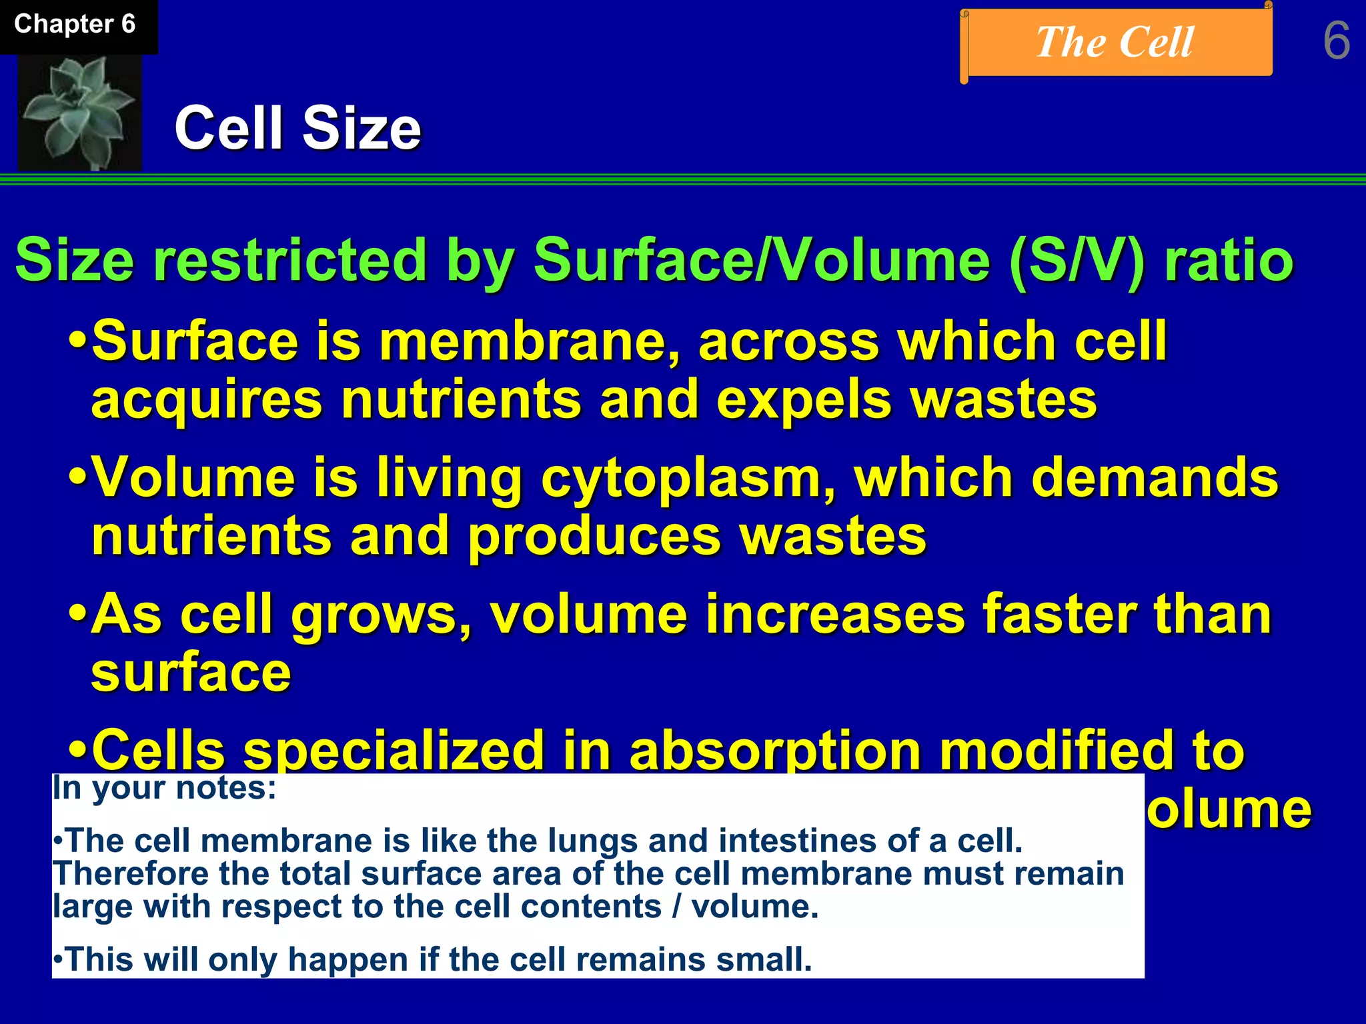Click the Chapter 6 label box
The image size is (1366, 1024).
click(x=75, y=25)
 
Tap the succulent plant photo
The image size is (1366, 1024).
click(x=80, y=112)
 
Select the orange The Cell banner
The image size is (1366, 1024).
click(x=1115, y=43)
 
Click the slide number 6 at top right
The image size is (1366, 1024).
click(x=1336, y=41)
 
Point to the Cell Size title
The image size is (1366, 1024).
click(x=297, y=128)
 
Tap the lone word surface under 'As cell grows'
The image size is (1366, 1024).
click(x=191, y=673)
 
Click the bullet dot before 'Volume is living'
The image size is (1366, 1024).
click(x=78, y=479)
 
